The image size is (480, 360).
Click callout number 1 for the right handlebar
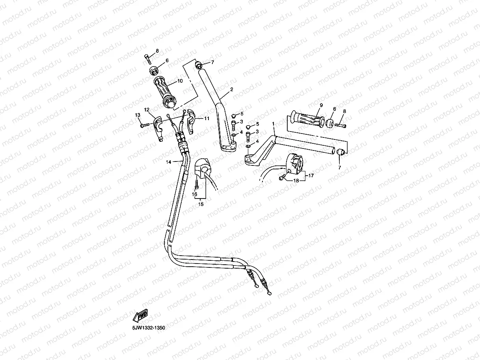tap(273, 124)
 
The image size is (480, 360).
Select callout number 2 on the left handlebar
tap(231, 90)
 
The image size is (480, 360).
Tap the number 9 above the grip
tap(321, 105)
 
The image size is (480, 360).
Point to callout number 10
tap(180, 81)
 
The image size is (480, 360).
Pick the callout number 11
tap(207, 118)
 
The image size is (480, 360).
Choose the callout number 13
tap(138, 115)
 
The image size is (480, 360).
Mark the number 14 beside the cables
tap(168, 162)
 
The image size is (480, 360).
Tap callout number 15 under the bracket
tap(201, 204)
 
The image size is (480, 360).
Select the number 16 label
tap(195, 194)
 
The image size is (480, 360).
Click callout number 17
tap(311, 176)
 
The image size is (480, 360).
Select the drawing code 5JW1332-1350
tap(149, 327)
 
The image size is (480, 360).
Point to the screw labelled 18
tap(281, 178)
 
